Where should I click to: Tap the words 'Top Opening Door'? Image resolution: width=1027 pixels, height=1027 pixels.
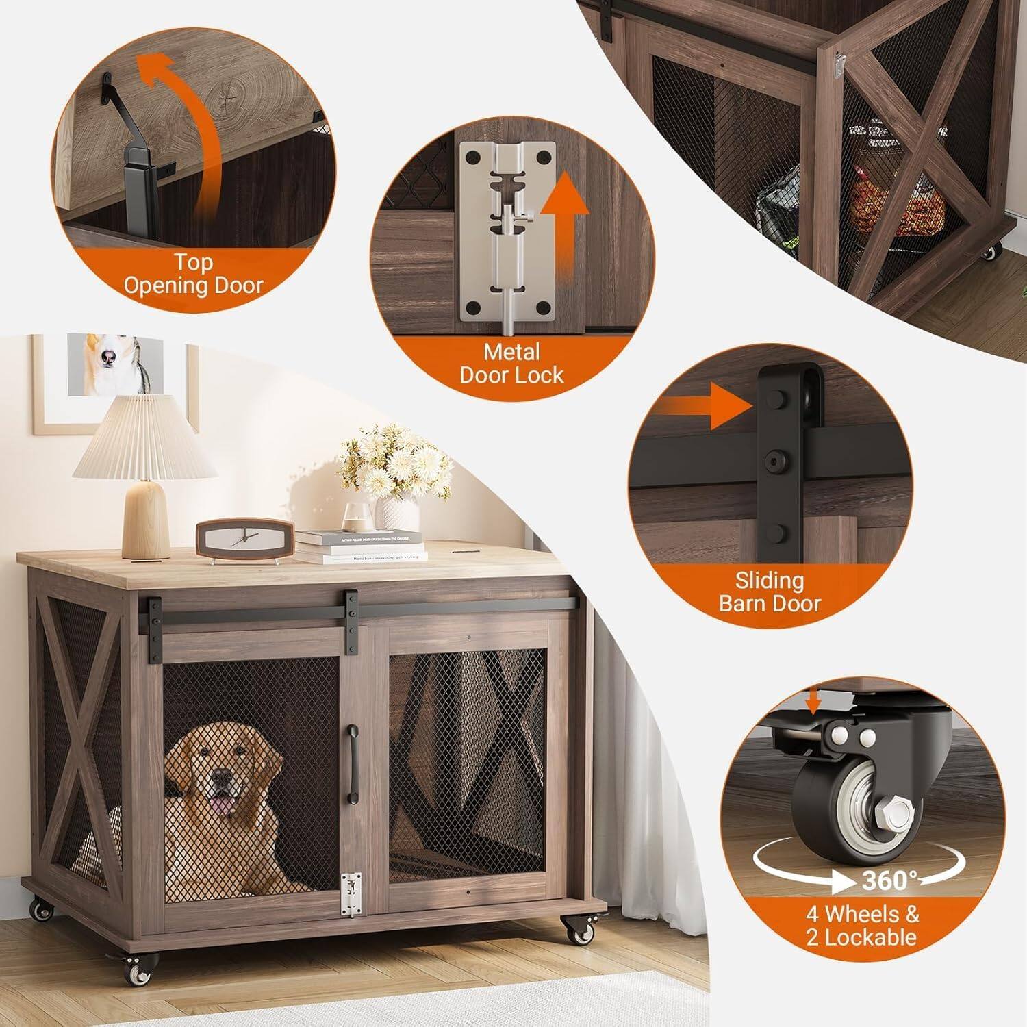[x=194, y=274]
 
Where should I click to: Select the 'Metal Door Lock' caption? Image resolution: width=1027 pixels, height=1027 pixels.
[x=511, y=364]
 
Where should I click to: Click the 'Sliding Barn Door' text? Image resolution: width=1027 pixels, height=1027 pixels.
[x=770, y=592]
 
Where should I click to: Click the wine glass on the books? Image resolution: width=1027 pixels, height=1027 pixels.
[x=357, y=516]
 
